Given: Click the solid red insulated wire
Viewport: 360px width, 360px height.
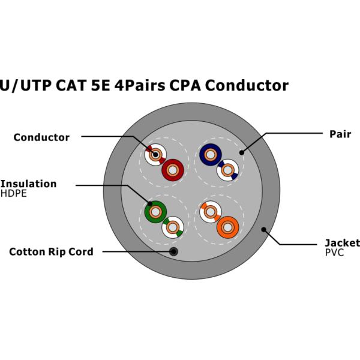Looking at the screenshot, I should [173, 170].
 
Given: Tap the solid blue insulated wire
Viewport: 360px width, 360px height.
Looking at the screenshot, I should [210, 155].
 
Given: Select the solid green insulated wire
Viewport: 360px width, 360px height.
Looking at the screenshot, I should [155, 211].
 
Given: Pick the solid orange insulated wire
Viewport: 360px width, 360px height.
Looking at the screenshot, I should [228, 227].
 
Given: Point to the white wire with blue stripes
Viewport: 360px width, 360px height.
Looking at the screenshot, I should [227, 171].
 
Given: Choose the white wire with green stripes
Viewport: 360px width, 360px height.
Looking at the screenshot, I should [173, 227].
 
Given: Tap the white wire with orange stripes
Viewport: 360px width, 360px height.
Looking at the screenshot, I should [211, 211].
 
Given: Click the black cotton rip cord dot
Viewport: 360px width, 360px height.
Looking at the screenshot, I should [173, 251].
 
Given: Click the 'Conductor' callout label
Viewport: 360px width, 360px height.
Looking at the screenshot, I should [41, 137].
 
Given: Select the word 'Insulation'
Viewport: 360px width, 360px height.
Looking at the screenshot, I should [28, 184].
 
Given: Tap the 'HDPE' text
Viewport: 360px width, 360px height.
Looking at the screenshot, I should [14, 194].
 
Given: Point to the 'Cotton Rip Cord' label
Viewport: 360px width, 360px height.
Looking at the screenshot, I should [51, 252].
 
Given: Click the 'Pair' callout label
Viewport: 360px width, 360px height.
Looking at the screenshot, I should [340, 134].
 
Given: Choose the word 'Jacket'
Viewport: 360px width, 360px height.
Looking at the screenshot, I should [342, 243].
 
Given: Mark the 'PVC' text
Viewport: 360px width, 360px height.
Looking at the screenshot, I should [335, 253].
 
